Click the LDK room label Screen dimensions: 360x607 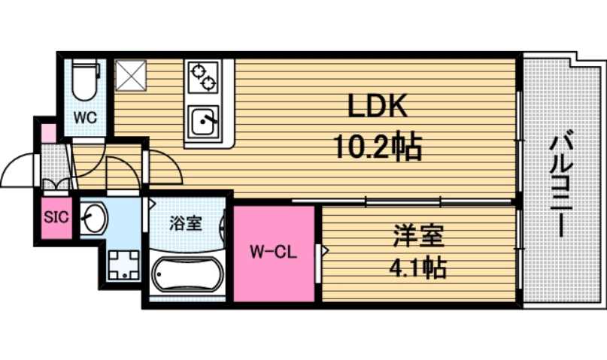[x=377, y=107]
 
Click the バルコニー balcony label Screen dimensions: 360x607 [x=557, y=185]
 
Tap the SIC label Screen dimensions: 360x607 [x=56, y=218]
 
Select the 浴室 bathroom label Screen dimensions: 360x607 [x=185, y=223]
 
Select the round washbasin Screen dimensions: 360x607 [x=96, y=219]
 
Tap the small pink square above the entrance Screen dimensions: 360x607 [x=47, y=134]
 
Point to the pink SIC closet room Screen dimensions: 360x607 [x=56, y=225]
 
